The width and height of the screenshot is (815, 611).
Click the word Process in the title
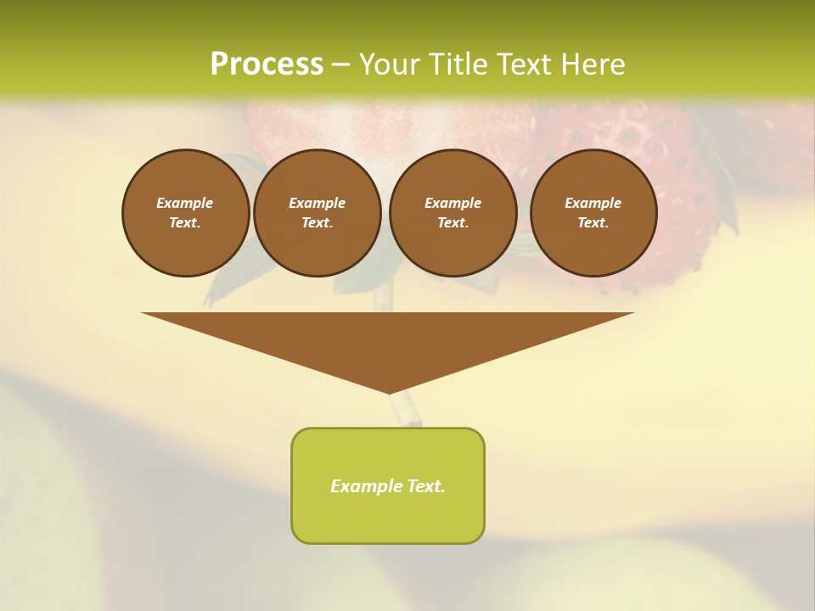267,64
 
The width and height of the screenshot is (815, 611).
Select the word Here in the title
589,64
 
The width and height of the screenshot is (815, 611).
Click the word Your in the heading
388,64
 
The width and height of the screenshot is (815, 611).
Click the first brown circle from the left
185,213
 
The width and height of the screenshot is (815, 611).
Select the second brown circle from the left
317,213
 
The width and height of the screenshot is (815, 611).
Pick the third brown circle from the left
452,213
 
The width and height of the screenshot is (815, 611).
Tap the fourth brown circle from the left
593,213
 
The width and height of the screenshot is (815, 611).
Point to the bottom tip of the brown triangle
389,392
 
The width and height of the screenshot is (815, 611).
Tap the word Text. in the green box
424,486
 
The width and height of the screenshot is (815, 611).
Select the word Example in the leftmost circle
185,203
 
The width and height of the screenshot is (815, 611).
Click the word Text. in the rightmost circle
593,223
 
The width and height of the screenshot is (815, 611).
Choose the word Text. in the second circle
317,223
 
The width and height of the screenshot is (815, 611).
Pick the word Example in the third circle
452,203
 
